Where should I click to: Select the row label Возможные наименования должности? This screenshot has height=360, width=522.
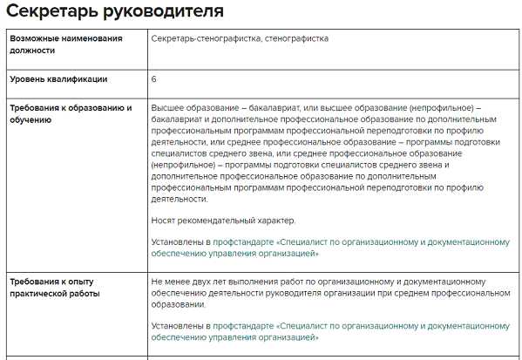pyautogui.click(x=65, y=44)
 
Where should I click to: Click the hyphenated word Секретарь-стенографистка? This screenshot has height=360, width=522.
pyautogui.click(x=203, y=39)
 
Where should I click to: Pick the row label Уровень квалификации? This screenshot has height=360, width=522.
pyautogui.click(x=58, y=79)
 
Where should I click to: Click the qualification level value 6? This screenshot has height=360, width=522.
pyautogui.click(x=154, y=79)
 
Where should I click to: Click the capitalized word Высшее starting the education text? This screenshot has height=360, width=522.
pyautogui.click(x=167, y=108)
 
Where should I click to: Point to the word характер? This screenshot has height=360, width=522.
pyautogui.click(x=276, y=220)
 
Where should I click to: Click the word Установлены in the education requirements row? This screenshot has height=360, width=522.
pyautogui.click(x=178, y=241)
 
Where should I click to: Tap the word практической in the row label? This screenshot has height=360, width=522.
pyautogui.click(x=41, y=294)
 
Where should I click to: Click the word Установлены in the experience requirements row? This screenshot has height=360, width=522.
pyautogui.click(x=178, y=326)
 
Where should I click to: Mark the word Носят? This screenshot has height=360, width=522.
pyautogui.click(x=164, y=220)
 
